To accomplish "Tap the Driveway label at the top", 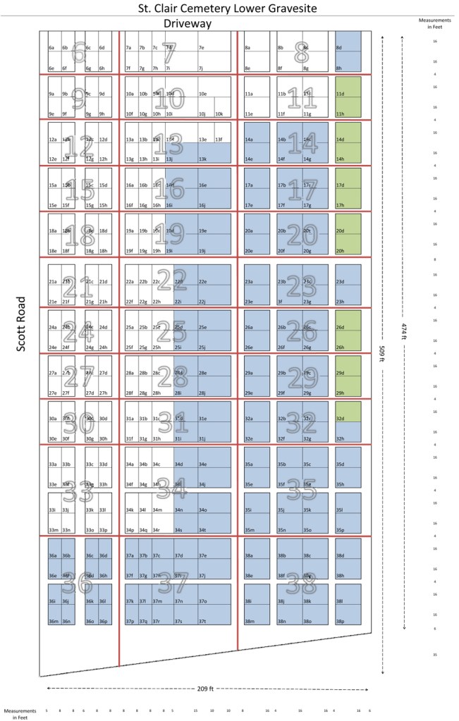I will (x=188, y=24).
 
